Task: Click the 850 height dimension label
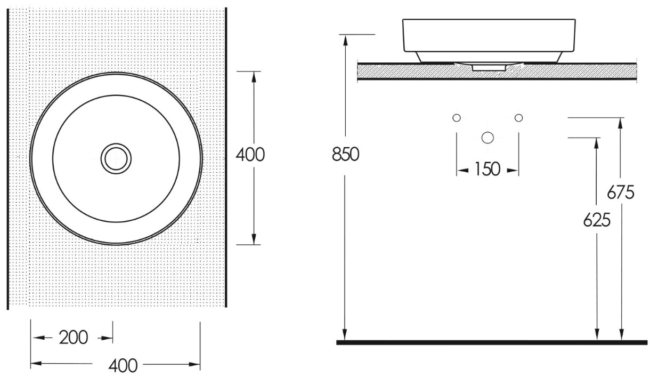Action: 345,154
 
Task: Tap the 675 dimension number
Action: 621,192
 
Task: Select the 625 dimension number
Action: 597,220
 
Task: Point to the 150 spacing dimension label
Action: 488,169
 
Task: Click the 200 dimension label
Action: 74,338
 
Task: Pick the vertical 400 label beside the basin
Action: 250,155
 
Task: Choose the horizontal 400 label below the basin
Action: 123,366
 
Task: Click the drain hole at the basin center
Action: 116,158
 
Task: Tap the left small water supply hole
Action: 457,118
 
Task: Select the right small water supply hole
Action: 518,118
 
